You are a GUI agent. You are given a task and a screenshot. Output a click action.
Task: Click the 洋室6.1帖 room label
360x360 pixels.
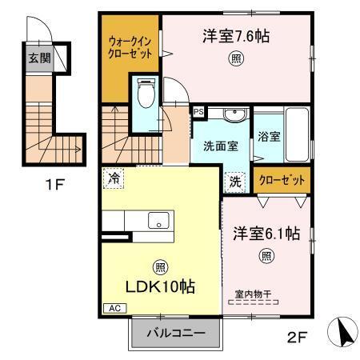pyautogui.click(x=266, y=234)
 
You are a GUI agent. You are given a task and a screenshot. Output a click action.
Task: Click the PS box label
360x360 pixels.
pyautogui.click(x=198, y=113)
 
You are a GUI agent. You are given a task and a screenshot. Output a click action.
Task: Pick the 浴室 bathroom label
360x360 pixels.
pyautogui.click(x=270, y=136)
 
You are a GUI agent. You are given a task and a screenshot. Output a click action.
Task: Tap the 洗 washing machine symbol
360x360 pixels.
pyautogui.click(x=235, y=182)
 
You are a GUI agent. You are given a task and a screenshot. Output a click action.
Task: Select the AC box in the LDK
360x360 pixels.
pyautogui.click(x=114, y=307)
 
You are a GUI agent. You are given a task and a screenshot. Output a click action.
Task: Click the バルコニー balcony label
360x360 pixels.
pyautogui.click(x=176, y=333)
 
